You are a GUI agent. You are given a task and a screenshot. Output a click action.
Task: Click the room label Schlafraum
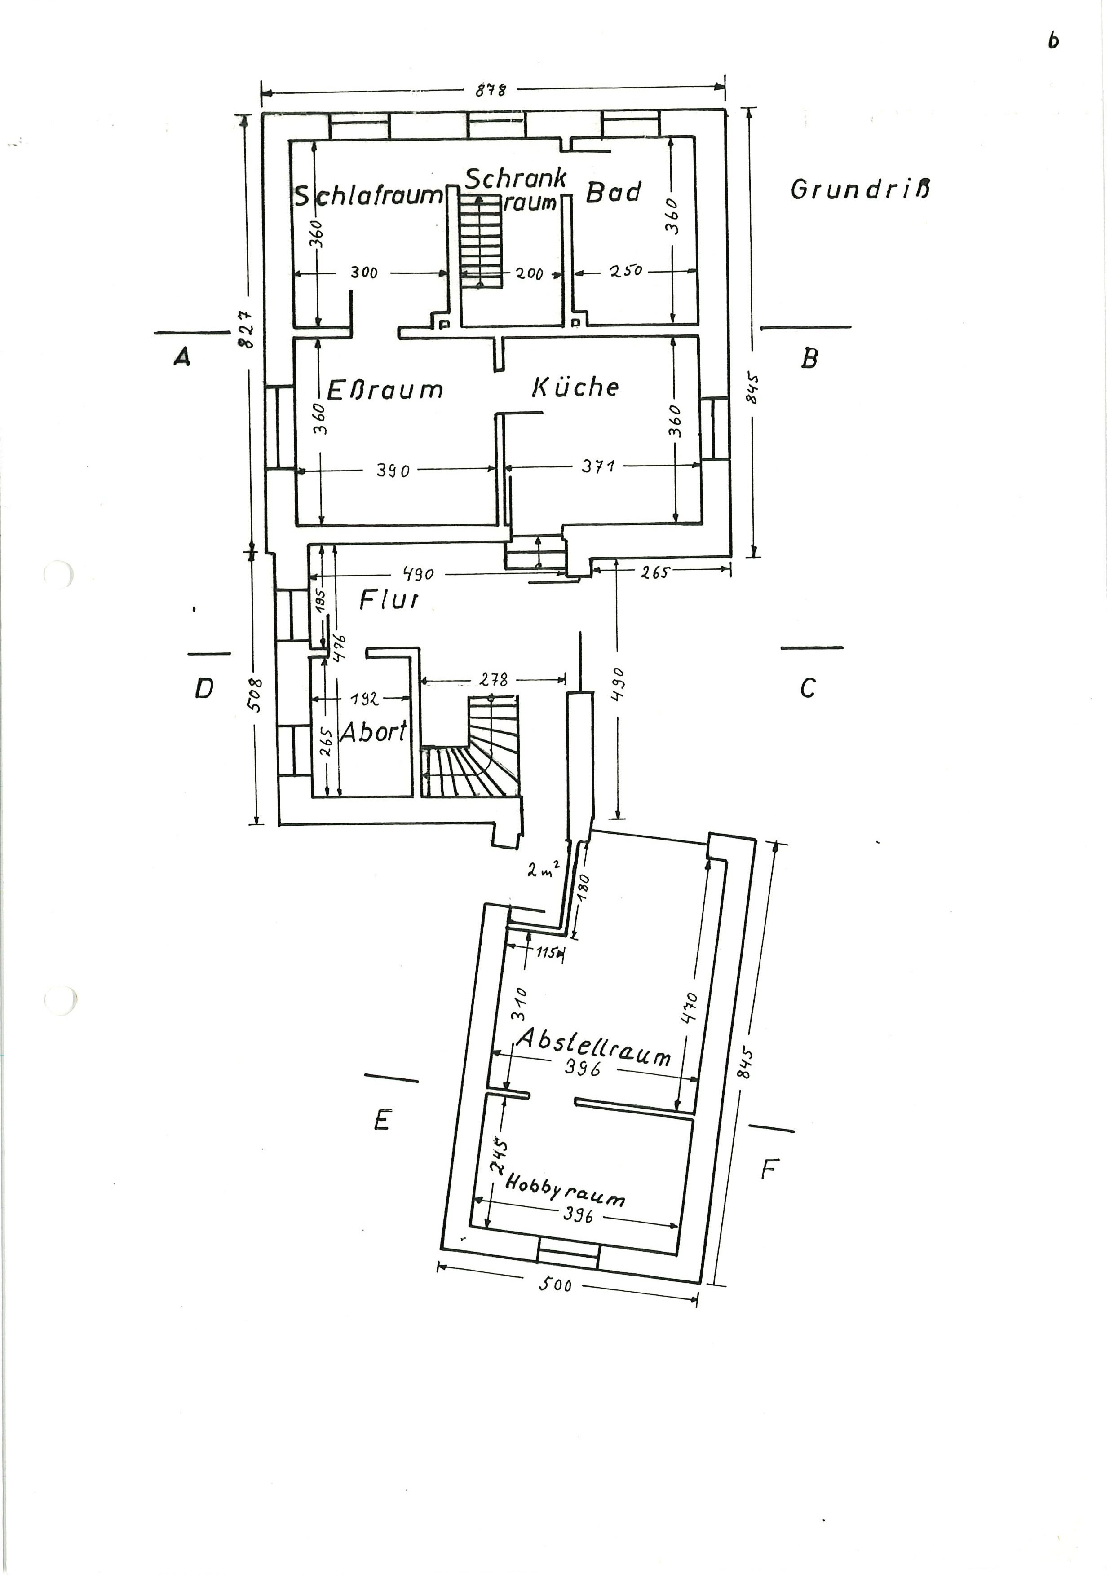(x=369, y=196)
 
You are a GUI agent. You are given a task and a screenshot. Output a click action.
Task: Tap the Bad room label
(x=613, y=193)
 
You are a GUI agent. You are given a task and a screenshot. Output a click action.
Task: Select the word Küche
(x=575, y=387)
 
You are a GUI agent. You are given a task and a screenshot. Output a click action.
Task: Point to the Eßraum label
(x=385, y=390)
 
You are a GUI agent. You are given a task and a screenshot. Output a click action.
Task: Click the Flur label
(x=389, y=600)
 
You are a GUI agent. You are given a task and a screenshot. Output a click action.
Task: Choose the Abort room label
(x=373, y=733)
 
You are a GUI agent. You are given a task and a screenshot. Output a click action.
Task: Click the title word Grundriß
(x=860, y=189)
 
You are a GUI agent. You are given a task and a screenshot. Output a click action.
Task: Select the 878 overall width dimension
(x=491, y=90)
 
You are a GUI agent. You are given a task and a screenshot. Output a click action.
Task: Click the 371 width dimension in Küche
(x=598, y=467)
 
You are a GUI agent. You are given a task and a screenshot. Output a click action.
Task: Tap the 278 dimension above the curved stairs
(x=494, y=680)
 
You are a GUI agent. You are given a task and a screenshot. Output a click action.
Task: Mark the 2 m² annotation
(x=545, y=870)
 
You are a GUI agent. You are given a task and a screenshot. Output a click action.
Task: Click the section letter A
(x=182, y=356)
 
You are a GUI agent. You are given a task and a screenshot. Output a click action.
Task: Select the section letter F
(x=769, y=1169)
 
